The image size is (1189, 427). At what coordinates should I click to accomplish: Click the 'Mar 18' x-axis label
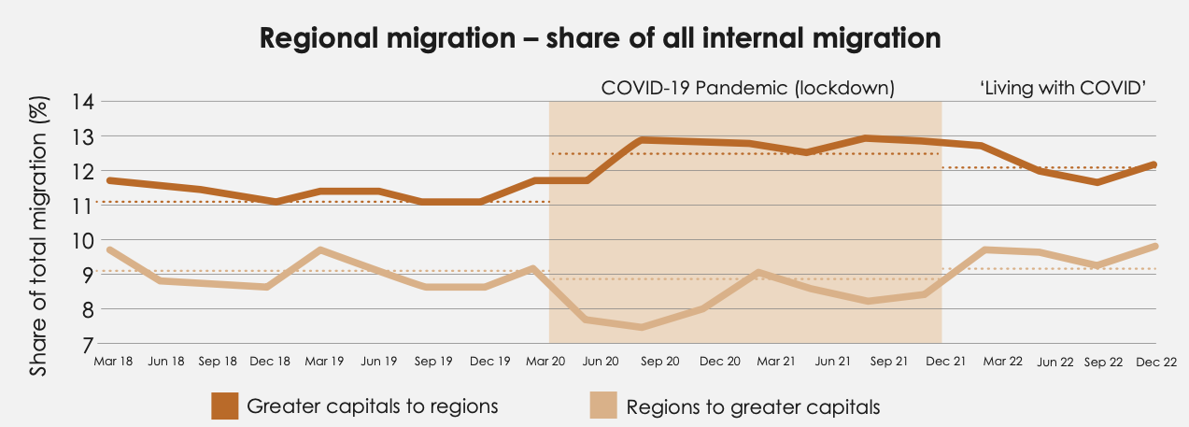click(112, 361)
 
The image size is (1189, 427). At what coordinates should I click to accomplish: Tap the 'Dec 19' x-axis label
click(489, 361)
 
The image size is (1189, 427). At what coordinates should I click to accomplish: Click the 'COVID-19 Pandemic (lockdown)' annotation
click(748, 89)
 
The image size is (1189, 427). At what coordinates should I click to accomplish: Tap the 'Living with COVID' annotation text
click(1062, 89)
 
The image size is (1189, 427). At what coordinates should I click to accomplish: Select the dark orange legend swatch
click(225, 406)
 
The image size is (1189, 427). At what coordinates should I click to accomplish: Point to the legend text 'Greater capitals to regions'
click(372, 406)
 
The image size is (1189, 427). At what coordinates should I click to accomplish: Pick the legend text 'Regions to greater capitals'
click(753, 407)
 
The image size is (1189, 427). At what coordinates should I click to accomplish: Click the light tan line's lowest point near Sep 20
click(641, 327)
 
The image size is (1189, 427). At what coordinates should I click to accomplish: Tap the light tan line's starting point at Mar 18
click(109, 249)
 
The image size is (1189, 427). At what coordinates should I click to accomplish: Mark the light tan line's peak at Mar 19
click(320, 249)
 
